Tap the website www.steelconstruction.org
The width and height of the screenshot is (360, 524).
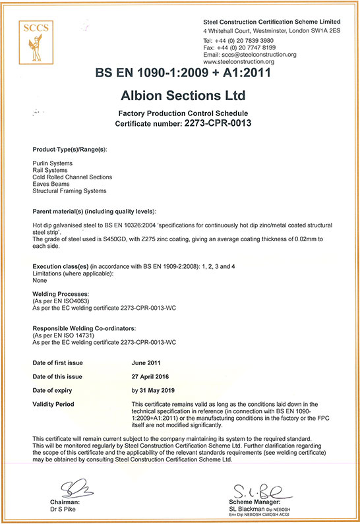click(239, 62)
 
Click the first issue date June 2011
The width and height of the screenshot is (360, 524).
click(147, 363)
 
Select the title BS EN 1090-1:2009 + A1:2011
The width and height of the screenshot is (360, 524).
click(180, 73)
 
